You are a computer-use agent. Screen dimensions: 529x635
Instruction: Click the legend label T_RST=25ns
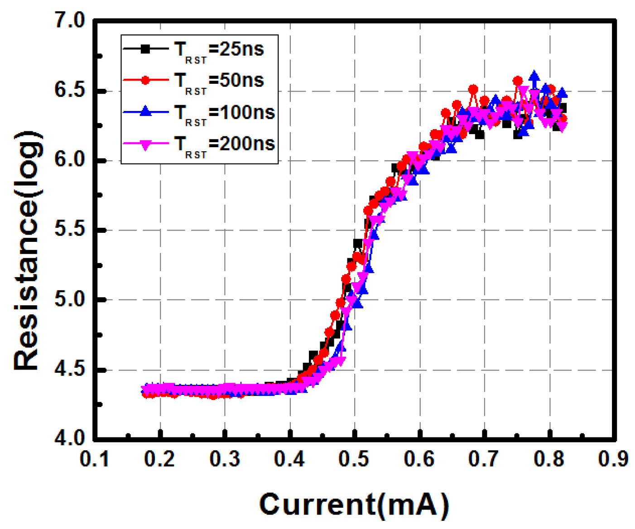pos(219,49)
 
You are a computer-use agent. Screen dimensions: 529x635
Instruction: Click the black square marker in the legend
pos(145,49)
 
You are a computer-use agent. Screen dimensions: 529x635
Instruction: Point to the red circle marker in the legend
pos(145,80)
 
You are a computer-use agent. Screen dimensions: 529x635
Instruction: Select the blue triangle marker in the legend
pos(145,111)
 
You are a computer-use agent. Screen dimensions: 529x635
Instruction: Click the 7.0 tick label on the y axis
pos(70,21)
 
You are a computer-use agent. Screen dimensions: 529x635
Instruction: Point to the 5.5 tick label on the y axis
pos(70,230)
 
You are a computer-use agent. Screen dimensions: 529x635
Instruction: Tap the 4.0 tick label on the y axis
pos(70,438)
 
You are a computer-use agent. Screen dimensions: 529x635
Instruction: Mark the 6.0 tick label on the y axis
pos(70,160)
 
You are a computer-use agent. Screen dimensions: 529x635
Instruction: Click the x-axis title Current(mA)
pos(354,504)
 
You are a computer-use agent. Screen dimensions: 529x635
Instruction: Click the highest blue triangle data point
pos(534,76)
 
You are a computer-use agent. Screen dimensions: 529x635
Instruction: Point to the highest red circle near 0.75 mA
pos(518,81)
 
